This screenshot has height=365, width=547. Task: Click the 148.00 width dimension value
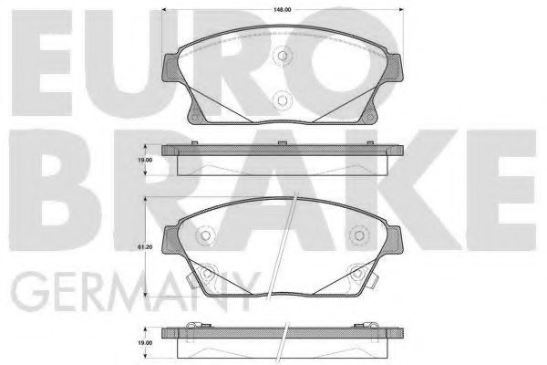[283, 10]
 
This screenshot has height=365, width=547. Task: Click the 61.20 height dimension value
[145, 247]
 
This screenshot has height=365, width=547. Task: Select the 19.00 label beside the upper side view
[145, 160]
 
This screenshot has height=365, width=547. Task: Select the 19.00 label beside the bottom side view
[145, 343]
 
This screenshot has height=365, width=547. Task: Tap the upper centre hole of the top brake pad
[283, 56]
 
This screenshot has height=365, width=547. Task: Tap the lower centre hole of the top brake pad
[282, 100]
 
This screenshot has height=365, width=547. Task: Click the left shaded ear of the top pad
[170, 68]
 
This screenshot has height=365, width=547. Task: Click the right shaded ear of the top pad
[394, 68]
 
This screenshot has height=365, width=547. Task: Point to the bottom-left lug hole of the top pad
[195, 116]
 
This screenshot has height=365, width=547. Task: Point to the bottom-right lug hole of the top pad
[369, 116]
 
